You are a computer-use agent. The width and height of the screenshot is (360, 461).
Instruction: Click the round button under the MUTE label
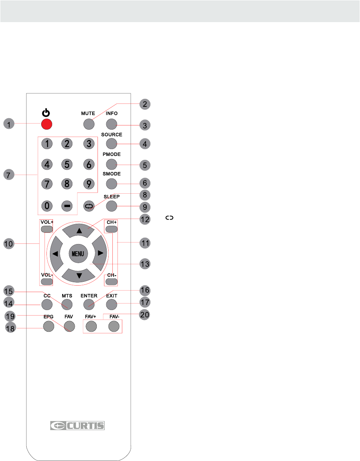click(89, 124)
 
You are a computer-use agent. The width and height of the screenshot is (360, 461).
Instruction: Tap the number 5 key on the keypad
click(67, 164)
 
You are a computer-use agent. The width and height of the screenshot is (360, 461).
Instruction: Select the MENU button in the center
click(78, 253)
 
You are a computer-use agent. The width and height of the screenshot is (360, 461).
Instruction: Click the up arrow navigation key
click(78, 230)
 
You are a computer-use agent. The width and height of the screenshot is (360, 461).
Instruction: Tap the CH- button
click(112, 281)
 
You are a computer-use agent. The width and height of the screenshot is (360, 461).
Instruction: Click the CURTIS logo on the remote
click(77, 426)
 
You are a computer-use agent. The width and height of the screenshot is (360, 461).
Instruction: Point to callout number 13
click(145, 264)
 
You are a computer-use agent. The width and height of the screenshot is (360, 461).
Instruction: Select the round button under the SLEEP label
click(112, 206)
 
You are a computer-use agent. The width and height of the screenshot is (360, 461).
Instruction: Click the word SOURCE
click(112, 135)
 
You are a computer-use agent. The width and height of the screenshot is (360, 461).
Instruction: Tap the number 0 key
click(47, 206)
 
